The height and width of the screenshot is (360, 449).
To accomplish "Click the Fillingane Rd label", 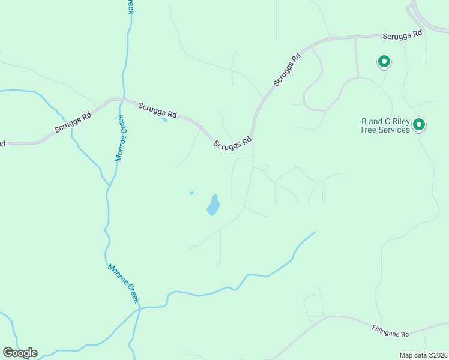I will point(390,330).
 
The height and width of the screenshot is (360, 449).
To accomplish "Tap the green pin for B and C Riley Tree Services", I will point(419,125).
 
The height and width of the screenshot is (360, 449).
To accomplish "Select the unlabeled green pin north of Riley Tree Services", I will point(384,61).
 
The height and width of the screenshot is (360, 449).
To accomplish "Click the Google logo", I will point(20,353).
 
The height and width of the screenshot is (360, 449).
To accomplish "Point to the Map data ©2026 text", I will point(423,355).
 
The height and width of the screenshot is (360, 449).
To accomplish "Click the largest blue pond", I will point(213,205).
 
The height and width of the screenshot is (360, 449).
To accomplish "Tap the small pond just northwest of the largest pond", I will point(191,193).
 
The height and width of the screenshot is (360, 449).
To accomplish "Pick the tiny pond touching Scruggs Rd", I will point(164,119).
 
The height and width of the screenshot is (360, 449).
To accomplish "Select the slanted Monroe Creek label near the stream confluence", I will point(124,283).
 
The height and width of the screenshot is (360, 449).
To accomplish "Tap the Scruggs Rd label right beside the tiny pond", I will point(157,110).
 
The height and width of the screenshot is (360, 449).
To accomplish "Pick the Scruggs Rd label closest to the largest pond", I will point(232,144).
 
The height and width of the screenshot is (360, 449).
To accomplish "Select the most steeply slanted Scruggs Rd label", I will point(287,70).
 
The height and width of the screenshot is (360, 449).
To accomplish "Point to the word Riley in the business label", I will point(398,121).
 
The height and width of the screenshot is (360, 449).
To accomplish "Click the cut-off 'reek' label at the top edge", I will point(130,6).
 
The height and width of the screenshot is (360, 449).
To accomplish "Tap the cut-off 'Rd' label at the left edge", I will point(2,144).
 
